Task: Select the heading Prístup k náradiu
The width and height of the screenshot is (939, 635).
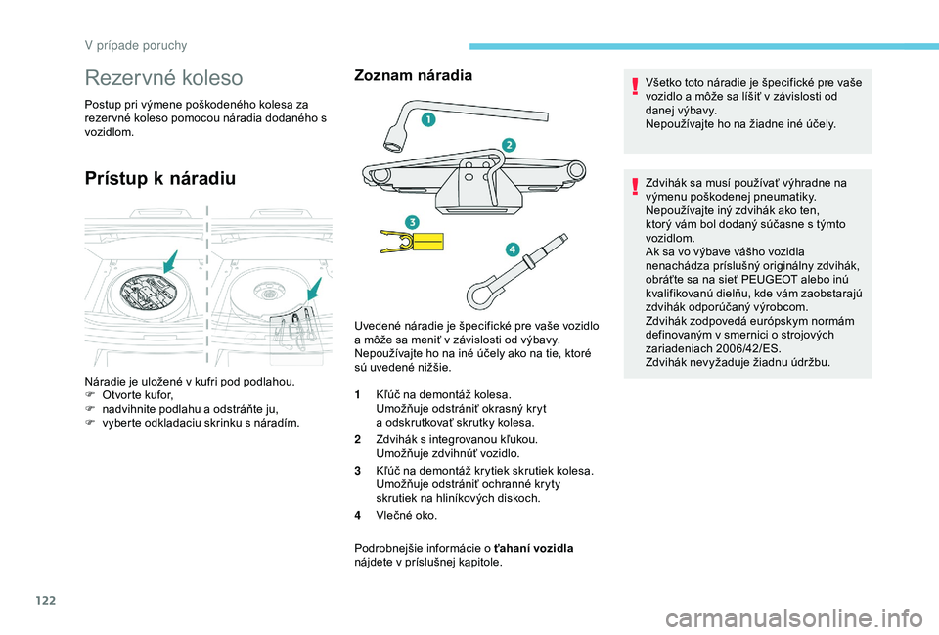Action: [x=160, y=177]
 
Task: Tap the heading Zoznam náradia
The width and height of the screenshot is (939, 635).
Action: [x=413, y=75]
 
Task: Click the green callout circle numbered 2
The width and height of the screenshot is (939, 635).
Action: [x=509, y=145]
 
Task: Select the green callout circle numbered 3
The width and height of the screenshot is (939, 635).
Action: [x=413, y=222]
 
